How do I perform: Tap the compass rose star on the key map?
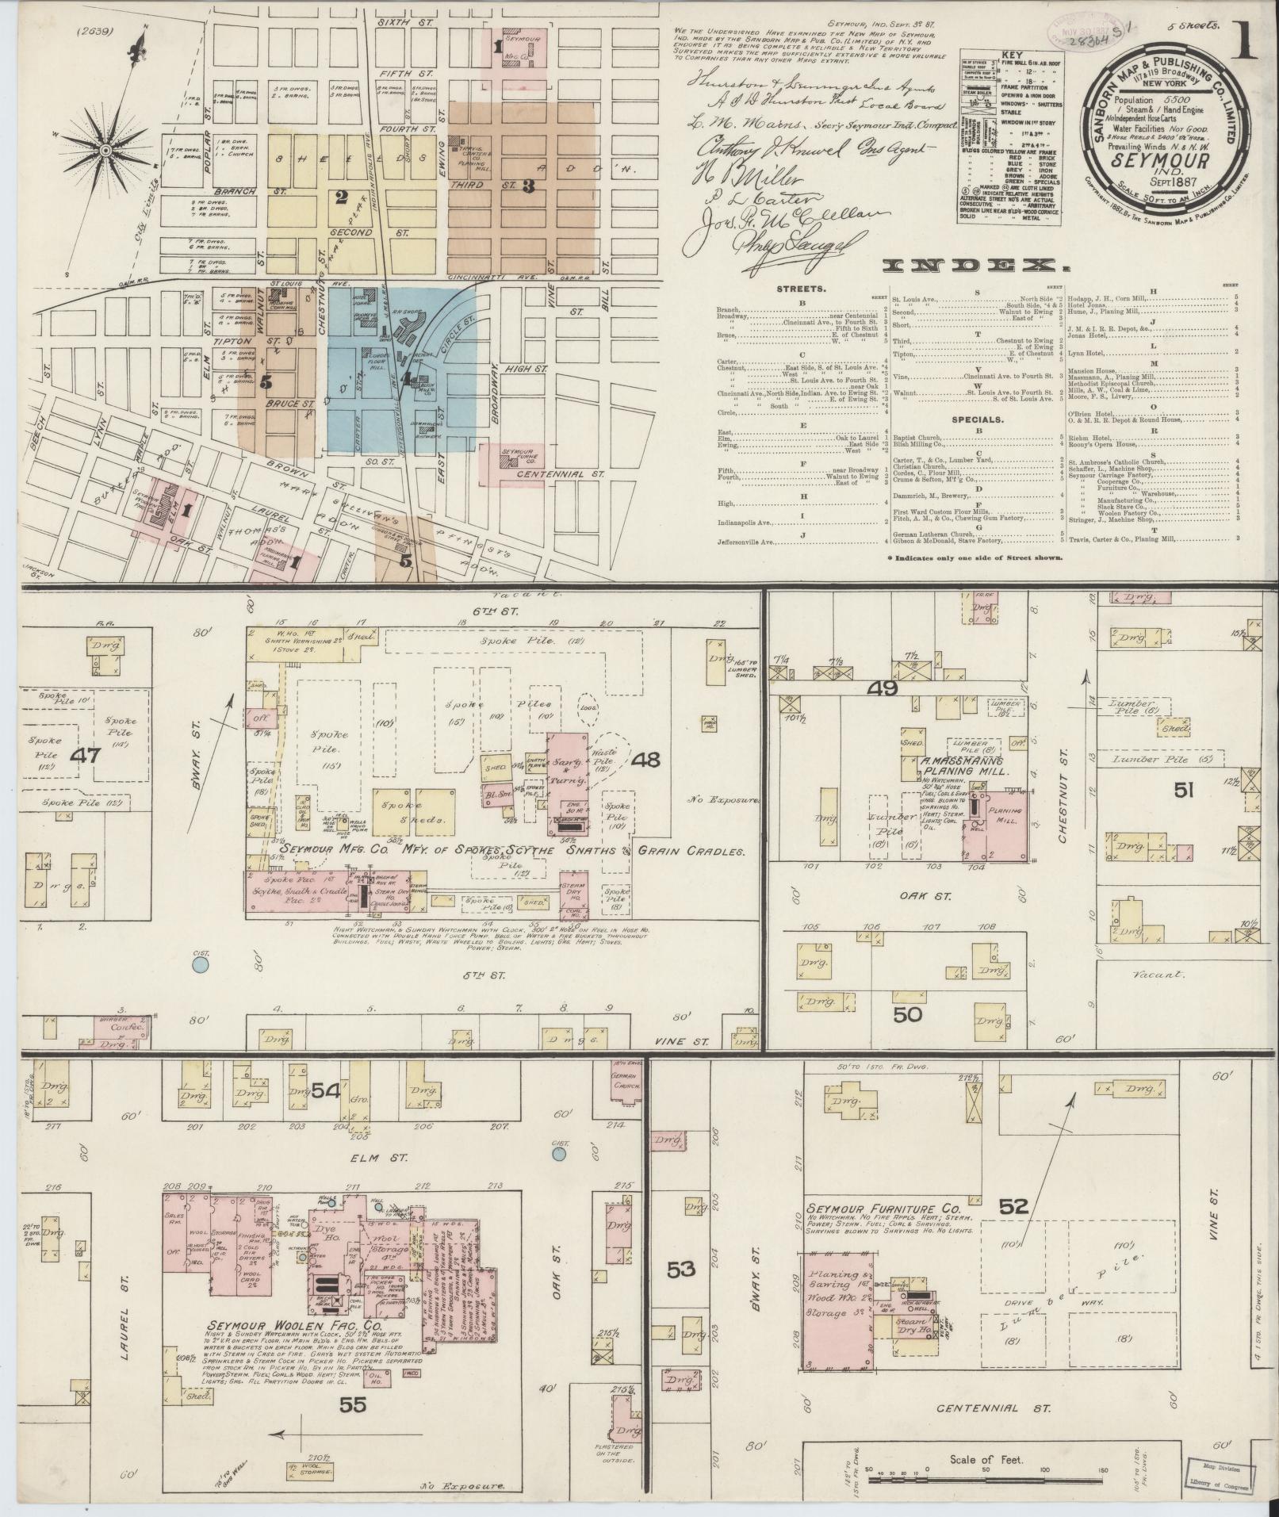tap(109, 148)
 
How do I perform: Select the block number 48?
tap(646, 760)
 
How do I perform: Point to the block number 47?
tap(85, 754)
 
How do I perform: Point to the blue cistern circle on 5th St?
tap(201, 965)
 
